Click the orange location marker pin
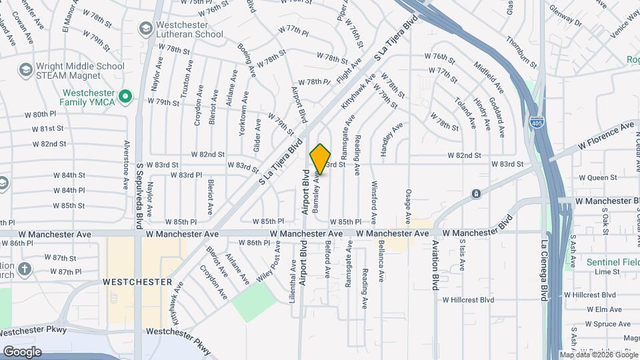pos(321,159)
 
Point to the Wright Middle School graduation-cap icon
pos(25,69)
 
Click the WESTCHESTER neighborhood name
pos(139,282)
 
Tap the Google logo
pos(22,351)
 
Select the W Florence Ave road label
pos(605,135)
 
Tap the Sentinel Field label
pos(612,262)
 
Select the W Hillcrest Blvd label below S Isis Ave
pos(469,300)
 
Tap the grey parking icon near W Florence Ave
pos(476,194)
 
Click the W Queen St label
pos(598,178)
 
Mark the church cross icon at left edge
pos(24,269)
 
